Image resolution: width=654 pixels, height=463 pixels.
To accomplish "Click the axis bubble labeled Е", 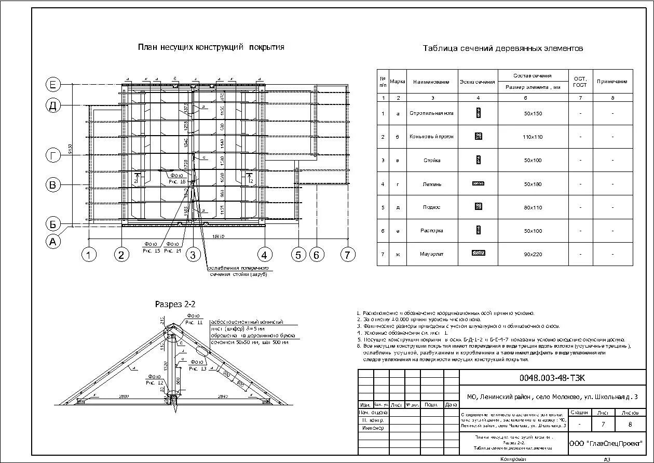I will pyautogui.click(x=53, y=84).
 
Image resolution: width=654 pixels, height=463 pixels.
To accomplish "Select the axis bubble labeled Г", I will pyautogui.click(x=53, y=155).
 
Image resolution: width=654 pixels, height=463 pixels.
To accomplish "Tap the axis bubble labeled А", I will pyautogui.click(x=53, y=241).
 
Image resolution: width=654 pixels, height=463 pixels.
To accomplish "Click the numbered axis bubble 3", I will pyautogui.click(x=193, y=255).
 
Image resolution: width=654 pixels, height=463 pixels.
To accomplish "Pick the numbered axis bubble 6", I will pyautogui.click(x=317, y=255).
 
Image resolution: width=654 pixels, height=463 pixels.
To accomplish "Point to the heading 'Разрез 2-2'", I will pyautogui.click(x=175, y=304).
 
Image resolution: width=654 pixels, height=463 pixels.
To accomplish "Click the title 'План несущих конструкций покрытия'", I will pyautogui.click(x=211, y=47).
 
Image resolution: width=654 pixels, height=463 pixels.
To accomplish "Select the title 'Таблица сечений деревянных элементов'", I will pyautogui.click(x=502, y=48).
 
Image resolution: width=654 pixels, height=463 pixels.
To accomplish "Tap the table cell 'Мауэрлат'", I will pyautogui.click(x=431, y=254).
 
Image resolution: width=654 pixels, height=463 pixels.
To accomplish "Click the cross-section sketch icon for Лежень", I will pyautogui.click(x=478, y=183).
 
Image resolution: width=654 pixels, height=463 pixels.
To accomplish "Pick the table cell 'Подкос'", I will pyautogui.click(x=431, y=207).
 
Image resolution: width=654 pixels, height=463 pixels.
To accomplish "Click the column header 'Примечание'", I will pyautogui.click(x=612, y=82).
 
